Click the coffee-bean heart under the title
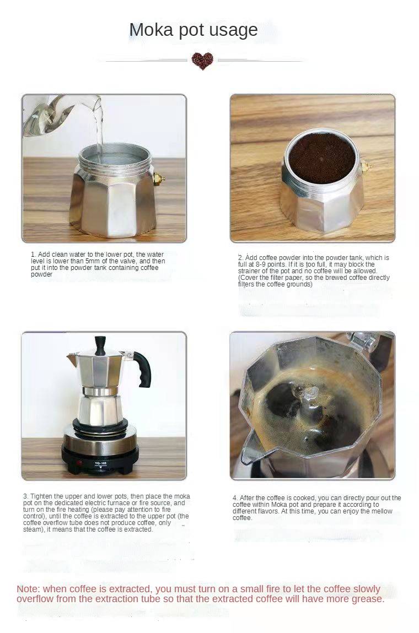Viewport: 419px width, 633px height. (x=202, y=61)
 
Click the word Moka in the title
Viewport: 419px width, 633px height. (x=151, y=30)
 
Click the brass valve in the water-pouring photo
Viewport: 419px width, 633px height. (x=159, y=179)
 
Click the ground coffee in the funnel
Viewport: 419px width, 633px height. (x=321, y=157)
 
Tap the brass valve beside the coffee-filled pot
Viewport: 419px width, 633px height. (x=366, y=166)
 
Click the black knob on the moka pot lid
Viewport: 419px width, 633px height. (x=100, y=345)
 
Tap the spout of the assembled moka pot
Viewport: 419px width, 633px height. (x=73, y=358)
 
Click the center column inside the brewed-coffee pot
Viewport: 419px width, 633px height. (x=309, y=398)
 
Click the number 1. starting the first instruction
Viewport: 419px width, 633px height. (x=34, y=255)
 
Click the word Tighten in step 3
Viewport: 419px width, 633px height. (x=41, y=496)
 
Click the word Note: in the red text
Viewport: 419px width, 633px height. (x=29, y=589)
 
